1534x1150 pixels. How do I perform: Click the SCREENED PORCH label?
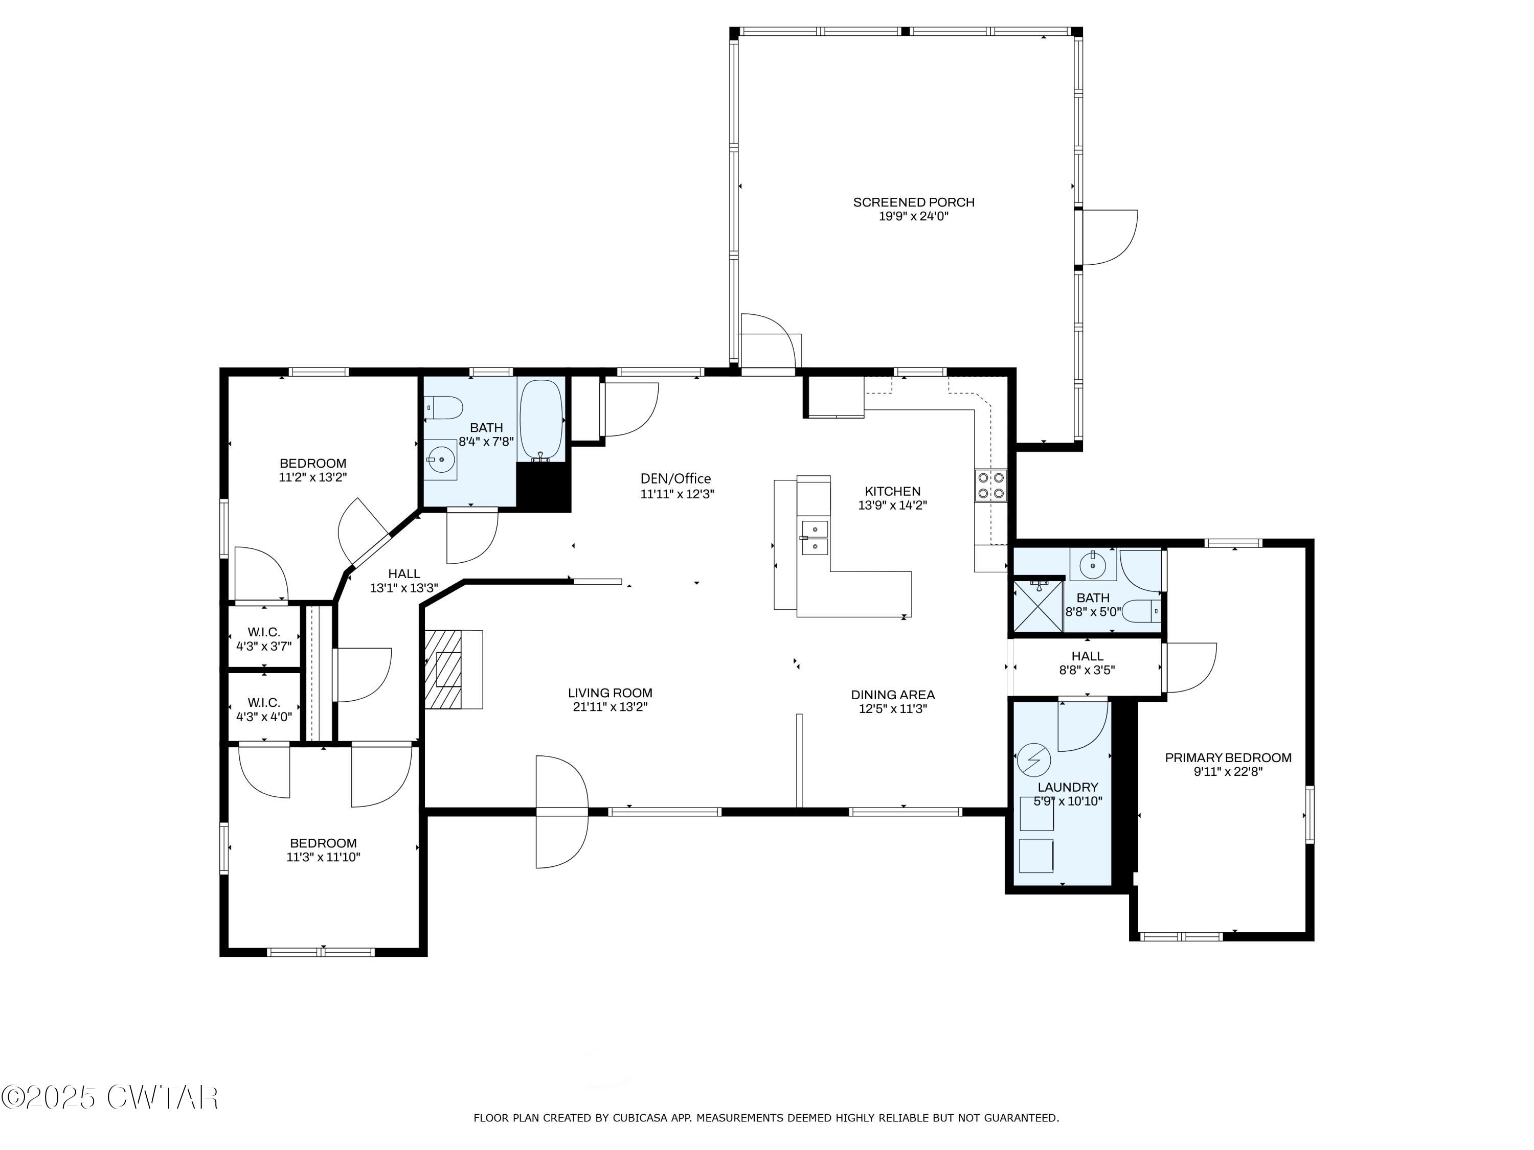[x=913, y=202]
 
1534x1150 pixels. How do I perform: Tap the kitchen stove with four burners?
[x=991, y=485]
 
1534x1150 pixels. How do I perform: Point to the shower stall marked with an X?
[x=1037, y=606]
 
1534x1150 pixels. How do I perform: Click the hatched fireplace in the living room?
[x=444, y=669]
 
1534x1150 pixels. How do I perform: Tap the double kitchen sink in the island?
[x=815, y=538]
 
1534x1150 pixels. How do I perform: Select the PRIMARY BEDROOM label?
[x=1228, y=757]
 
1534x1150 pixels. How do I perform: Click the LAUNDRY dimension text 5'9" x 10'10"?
[x=1067, y=801]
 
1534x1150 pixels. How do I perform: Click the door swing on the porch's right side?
[x=1110, y=237]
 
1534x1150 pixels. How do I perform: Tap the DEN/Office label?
[x=675, y=478]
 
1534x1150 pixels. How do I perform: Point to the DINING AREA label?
[x=892, y=695]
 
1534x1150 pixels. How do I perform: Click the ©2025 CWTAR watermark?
[x=109, y=1097]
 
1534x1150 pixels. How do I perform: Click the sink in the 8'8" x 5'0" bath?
[x=1092, y=564]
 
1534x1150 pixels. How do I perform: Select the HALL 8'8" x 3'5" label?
[x=1087, y=663]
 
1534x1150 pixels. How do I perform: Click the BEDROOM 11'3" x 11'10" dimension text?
[x=323, y=857]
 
